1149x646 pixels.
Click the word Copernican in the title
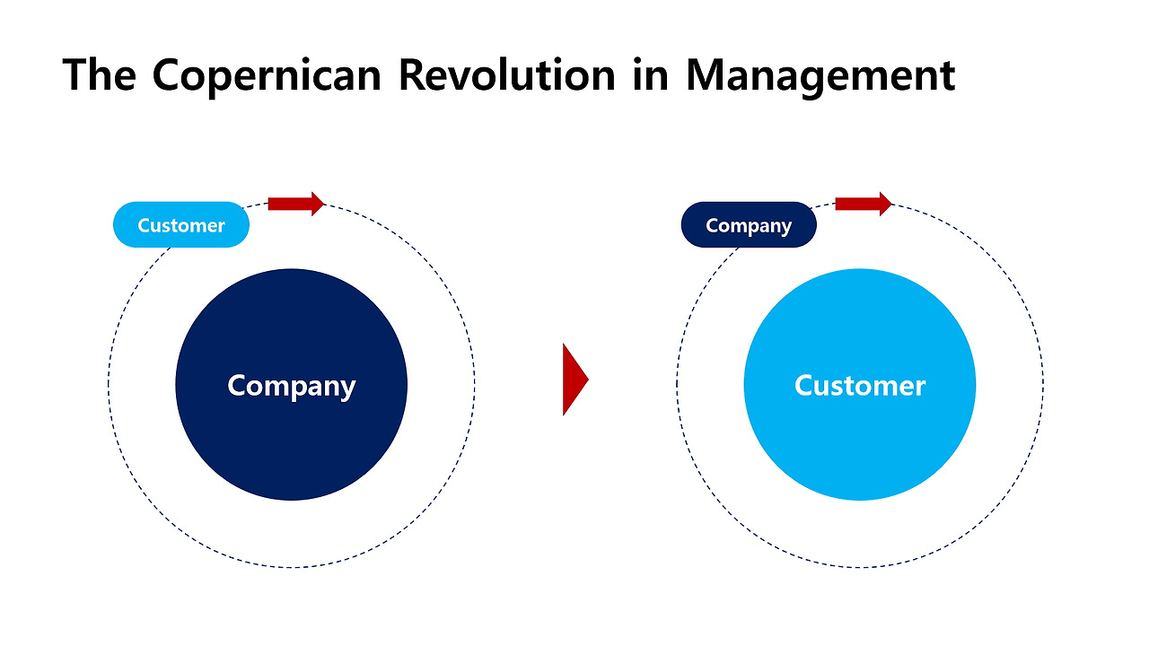267,76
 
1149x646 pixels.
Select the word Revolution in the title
507,74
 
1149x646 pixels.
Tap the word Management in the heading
820,77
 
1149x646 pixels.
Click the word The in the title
99,74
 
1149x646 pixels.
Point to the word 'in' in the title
651,74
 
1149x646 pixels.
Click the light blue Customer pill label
181,224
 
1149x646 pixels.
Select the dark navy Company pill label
749,224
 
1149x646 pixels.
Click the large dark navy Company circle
292,385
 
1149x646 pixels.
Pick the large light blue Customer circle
860,385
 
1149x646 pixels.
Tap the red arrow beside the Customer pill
296,204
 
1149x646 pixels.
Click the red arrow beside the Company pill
864,204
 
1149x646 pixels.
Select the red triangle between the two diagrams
575,380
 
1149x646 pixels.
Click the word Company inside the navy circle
292,387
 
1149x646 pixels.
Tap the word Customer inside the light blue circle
860,386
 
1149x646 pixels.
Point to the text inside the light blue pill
181,225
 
